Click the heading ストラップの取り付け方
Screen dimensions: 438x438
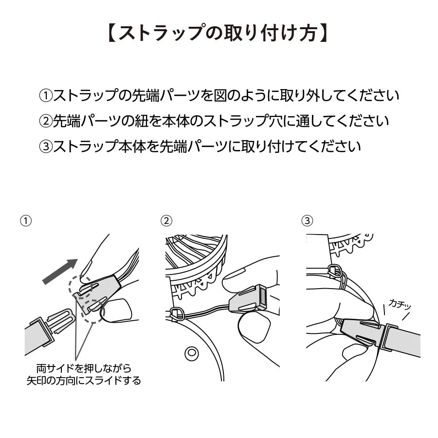(218, 34)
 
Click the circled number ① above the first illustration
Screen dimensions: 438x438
(26, 220)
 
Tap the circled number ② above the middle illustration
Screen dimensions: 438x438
(166, 220)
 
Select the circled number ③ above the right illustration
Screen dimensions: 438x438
(307, 220)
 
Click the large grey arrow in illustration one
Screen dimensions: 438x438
(59, 272)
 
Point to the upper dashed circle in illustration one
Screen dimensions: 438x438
(80, 287)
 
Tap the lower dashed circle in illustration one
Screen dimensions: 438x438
(93, 311)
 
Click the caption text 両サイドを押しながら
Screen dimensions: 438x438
(84, 369)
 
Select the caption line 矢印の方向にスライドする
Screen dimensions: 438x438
(84, 381)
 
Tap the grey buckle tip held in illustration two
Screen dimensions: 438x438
(247, 298)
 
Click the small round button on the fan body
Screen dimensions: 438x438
(192, 352)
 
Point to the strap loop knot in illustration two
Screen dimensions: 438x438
(177, 314)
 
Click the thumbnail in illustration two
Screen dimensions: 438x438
(254, 325)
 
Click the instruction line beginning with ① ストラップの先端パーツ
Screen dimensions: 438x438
(219, 95)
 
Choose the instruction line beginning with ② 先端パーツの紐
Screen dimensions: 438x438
(214, 121)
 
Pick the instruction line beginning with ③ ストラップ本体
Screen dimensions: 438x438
(200, 146)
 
